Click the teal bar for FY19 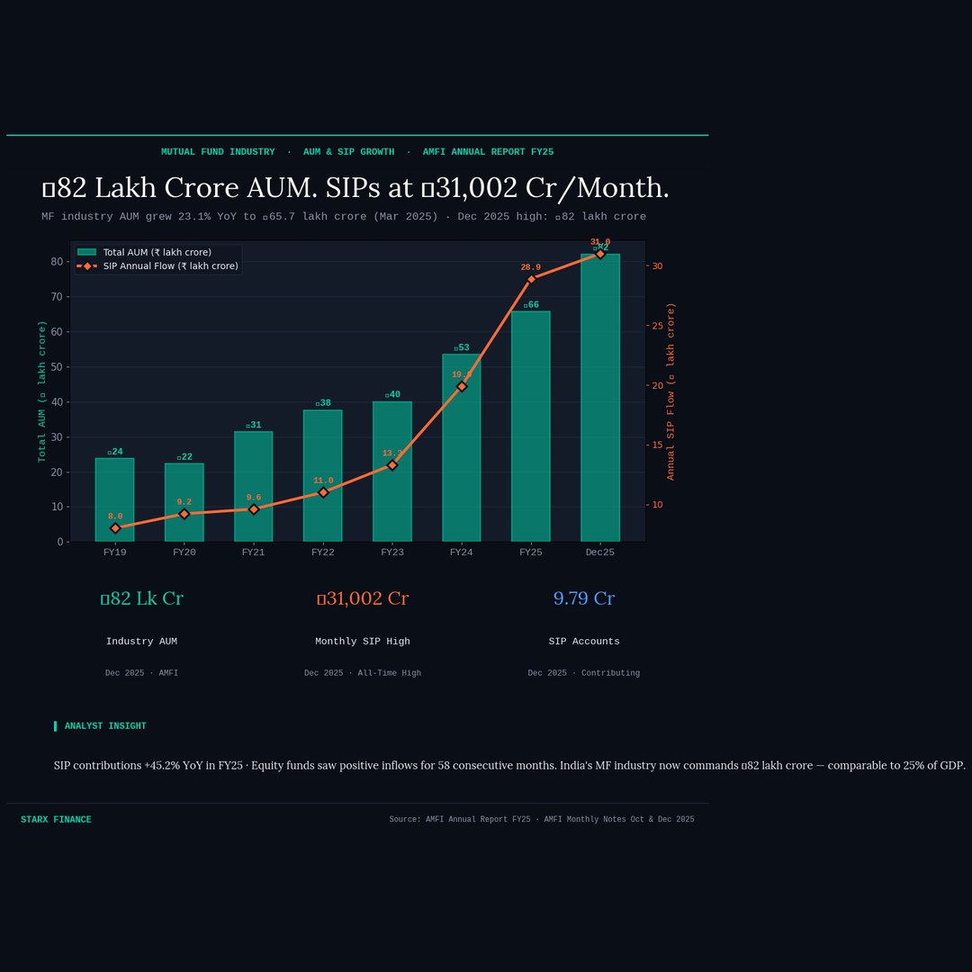tap(114, 499)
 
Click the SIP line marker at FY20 tap(184, 514)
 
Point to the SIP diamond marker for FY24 tap(462, 386)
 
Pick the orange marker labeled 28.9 tap(531, 279)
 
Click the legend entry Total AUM tap(157, 253)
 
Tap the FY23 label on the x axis tap(392, 553)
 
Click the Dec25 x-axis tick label tap(600, 553)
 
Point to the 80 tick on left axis tap(57, 262)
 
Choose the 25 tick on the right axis tap(657, 326)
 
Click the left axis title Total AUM tap(41, 391)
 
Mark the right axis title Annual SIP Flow tap(670, 391)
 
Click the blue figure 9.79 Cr tap(584, 598)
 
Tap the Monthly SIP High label tap(363, 642)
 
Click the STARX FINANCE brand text tap(56, 820)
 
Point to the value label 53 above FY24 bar tap(461, 347)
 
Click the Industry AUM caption tap(141, 642)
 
